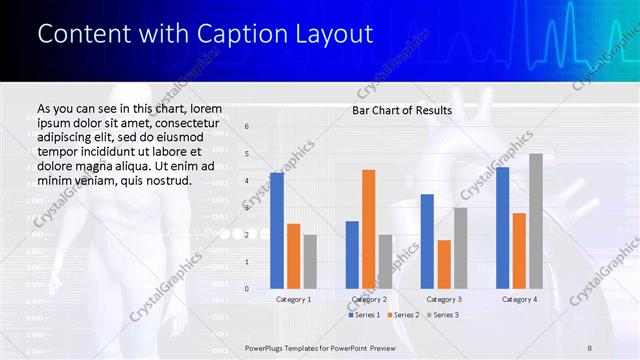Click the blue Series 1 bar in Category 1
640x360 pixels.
click(x=277, y=231)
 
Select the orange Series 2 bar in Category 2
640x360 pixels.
click(x=369, y=229)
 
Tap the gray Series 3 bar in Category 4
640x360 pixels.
click(x=536, y=221)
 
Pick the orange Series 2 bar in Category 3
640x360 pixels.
click(x=444, y=264)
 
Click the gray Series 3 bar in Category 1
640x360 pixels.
click(x=310, y=261)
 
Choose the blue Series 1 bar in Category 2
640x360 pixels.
click(x=352, y=255)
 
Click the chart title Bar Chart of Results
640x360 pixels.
click(x=402, y=110)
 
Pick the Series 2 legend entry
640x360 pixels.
click(x=402, y=315)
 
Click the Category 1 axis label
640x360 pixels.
click(x=293, y=299)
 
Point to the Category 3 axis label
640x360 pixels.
click(x=444, y=299)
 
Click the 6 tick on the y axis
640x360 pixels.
click(x=247, y=127)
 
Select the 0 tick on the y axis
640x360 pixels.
click(x=247, y=288)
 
